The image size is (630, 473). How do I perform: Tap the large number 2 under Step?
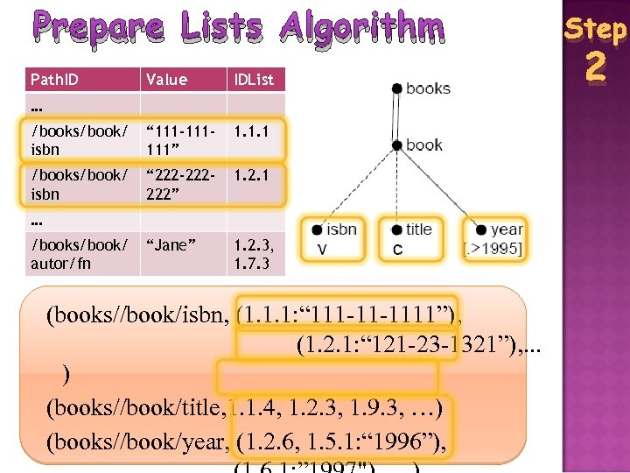click(596, 67)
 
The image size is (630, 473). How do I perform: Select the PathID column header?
click(54, 80)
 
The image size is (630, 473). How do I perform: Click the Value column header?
click(166, 80)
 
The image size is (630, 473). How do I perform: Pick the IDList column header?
click(253, 80)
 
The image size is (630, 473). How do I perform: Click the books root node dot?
click(397, 88)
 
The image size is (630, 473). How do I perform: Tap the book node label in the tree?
click(424, 145)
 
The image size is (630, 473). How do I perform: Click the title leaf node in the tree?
click(413, 229)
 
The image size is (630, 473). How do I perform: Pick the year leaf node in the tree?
click(500, 230)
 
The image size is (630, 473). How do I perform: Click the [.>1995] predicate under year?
click(493, 251)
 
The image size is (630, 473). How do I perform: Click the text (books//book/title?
click(136, 408)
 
